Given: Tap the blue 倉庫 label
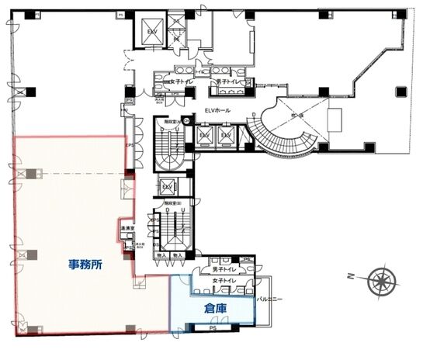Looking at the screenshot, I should point(214,307).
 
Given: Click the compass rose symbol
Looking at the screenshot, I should point(380,278).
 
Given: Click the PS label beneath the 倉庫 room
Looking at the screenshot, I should point(213,329).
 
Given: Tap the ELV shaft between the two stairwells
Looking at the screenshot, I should point(167,187).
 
